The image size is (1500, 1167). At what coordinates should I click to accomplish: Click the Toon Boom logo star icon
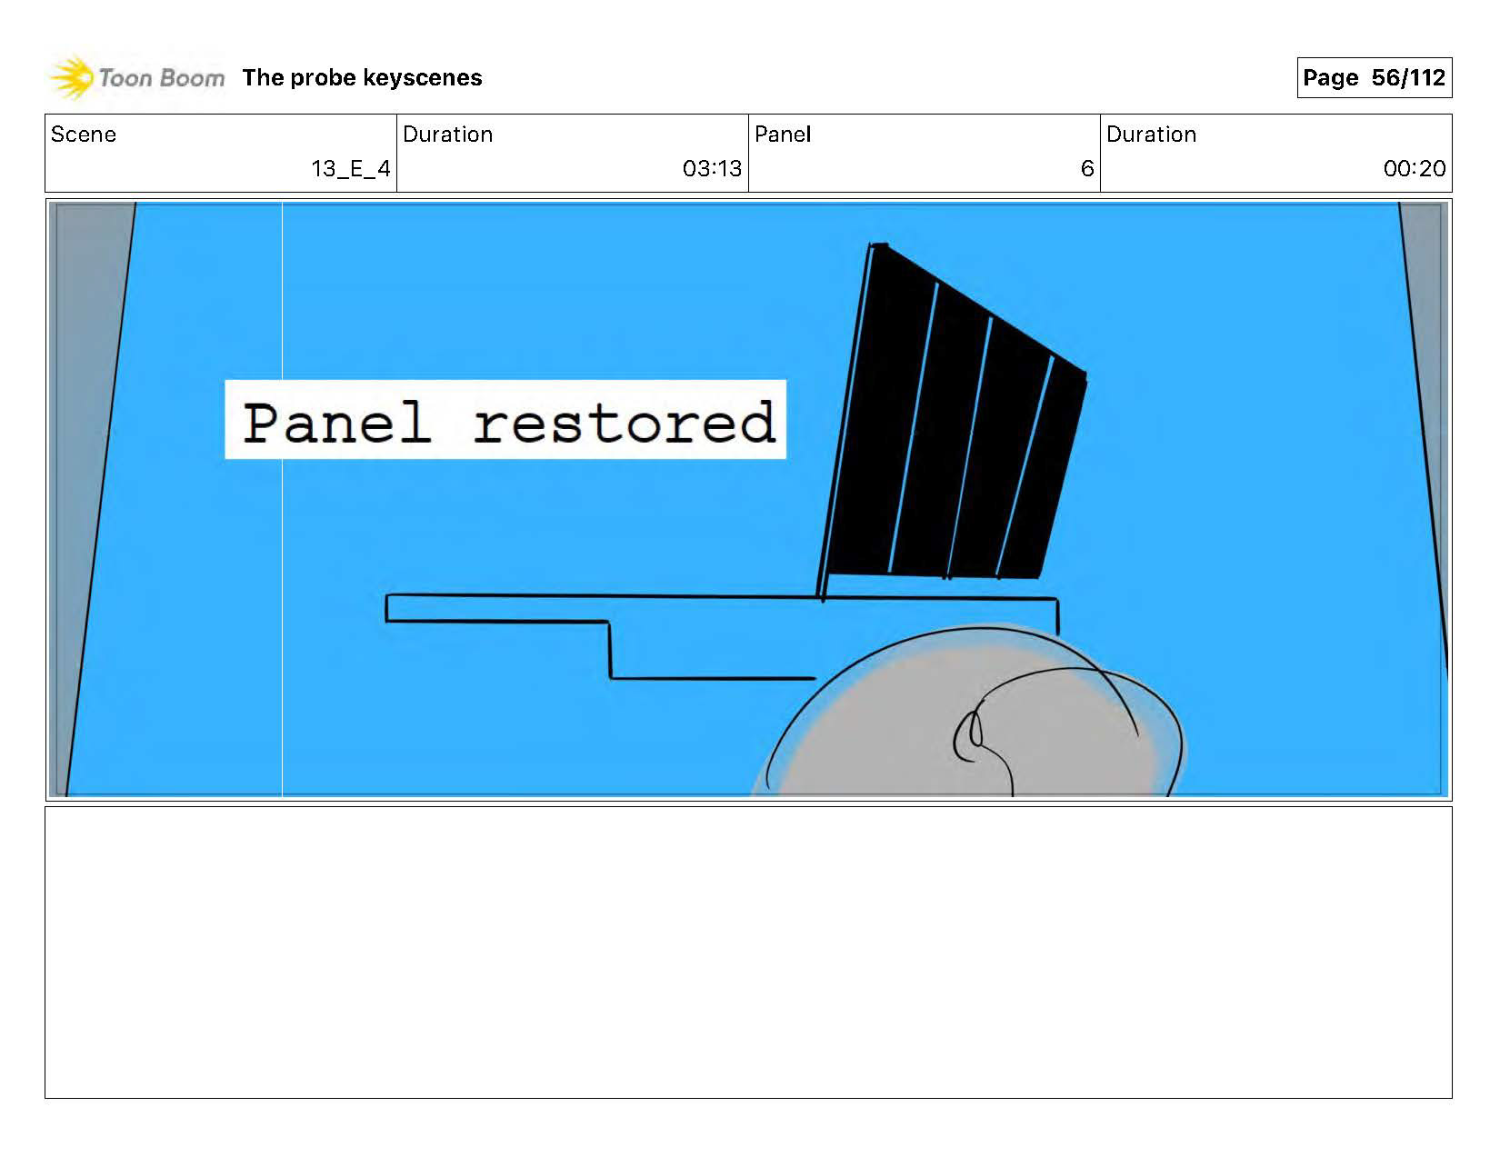[x=72, y=78]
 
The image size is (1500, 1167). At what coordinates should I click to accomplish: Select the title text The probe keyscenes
[x=362, y=78]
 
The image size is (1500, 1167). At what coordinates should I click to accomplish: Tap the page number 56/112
[x=1408, y=78]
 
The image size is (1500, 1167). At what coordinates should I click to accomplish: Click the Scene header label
[x=84, y=135]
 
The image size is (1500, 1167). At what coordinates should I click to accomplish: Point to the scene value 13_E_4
[x=350, y=169]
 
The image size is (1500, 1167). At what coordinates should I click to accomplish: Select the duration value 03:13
[x=712, y=169]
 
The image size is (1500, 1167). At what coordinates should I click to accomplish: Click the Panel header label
[x=782, y=135]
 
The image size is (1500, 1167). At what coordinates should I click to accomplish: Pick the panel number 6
[x=1086, y=169]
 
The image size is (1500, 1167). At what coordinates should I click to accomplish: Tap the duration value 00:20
[x=1414, y=169]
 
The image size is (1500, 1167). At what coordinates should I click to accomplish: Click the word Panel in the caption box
[x=336, y=423]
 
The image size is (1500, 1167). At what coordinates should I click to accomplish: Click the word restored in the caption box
[x=624, y=423]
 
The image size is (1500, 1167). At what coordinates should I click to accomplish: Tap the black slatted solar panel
[x=955, y=418]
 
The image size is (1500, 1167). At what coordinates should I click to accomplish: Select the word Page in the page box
[x=1330, y=78]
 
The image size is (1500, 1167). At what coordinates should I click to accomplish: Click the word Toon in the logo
[x=126, y=78]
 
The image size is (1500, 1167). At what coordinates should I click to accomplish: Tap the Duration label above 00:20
[x=1151, y=135]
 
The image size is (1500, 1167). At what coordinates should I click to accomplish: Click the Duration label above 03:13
[x=447, y=135]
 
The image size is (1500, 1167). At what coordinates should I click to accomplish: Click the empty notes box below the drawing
[x=747, y=952]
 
